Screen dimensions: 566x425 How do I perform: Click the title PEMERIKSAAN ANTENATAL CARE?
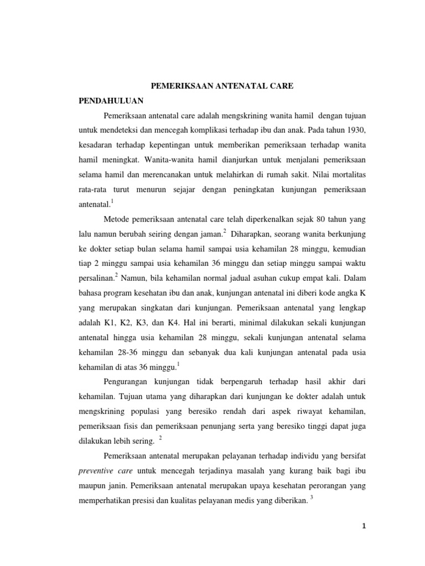click(x=222, y=87)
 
